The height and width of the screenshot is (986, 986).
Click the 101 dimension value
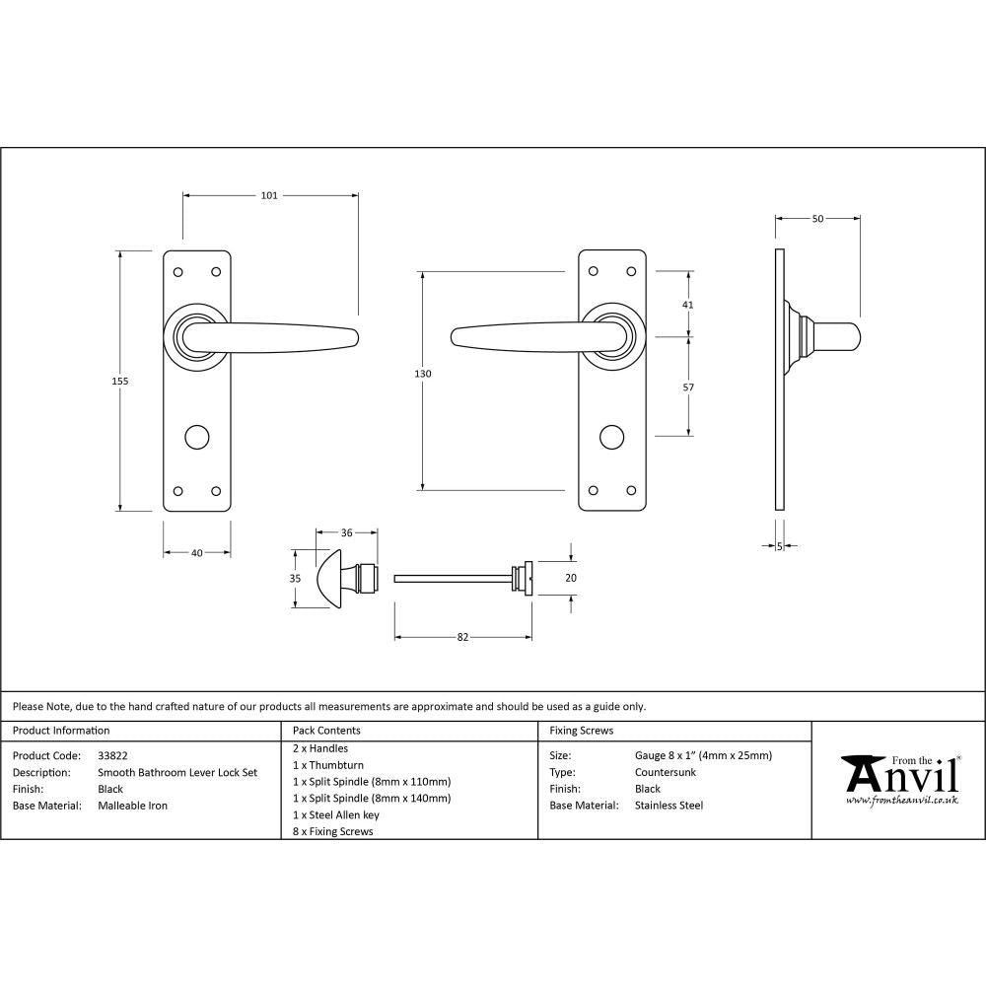269,195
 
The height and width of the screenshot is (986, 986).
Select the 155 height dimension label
121,381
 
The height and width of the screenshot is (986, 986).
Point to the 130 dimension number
423,374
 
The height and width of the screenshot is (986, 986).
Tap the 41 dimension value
687,305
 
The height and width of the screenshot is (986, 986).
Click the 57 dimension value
687,387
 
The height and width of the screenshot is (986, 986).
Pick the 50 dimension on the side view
817,218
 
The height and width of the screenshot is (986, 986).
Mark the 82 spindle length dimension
462,637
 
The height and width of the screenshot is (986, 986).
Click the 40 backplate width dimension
196,553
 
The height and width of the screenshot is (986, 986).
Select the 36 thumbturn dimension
346,533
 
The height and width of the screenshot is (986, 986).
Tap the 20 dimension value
570,579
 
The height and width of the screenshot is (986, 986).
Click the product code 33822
113,755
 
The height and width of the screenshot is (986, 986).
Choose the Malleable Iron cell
133,806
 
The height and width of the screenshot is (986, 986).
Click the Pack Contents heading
326,731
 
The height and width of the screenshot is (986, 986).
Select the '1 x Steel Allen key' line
336,814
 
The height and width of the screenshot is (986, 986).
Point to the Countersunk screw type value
666,772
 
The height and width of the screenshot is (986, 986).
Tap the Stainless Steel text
669,806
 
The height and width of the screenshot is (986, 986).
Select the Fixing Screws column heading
581,731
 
